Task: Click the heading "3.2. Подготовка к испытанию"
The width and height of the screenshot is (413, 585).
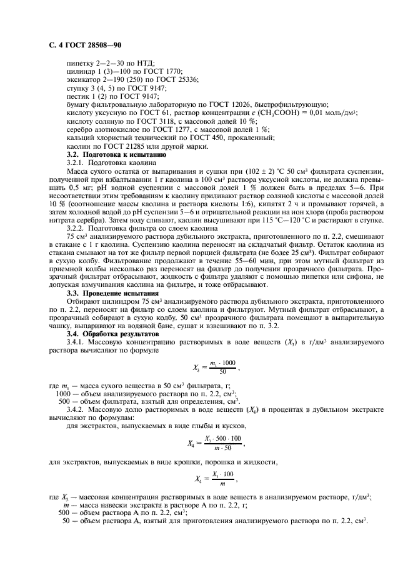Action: pos(107,153)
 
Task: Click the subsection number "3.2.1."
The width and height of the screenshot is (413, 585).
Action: pos(76,161)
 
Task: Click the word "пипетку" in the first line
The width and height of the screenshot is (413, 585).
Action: pos(80,64)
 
